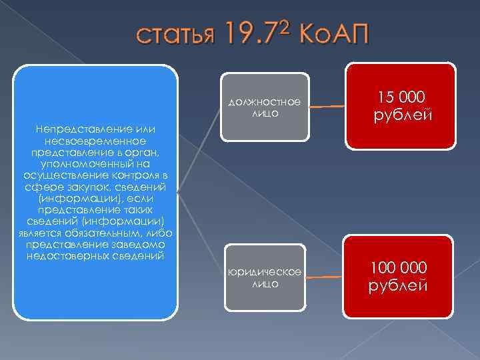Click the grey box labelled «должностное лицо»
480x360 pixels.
tap(265, 107)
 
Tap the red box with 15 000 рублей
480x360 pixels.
tap(400, 105)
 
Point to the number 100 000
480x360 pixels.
tap(399, 267)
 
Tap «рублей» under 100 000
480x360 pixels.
tap(399, 286)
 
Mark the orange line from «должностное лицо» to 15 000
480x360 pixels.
tap(327, 105)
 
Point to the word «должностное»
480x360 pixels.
tap(265, 102)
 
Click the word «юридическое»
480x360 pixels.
tap(265, 272)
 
